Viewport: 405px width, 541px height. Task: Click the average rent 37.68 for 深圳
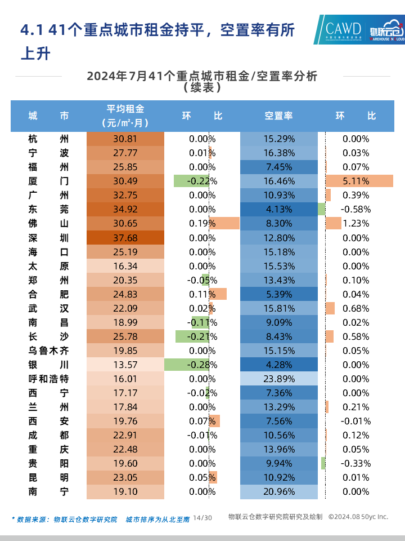point(125,237)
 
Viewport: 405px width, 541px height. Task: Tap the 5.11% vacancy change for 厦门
point(355,181)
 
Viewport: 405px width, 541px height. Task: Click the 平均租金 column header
point(125,116)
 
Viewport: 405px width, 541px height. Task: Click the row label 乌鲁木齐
point(49,351)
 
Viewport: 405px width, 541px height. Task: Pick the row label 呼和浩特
point(49,379)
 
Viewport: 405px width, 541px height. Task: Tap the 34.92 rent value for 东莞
point(125,209)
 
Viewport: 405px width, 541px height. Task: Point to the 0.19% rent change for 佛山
point(202,223)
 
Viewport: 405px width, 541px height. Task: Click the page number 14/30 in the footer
point(202,517)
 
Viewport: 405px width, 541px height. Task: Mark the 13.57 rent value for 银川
point(125,365)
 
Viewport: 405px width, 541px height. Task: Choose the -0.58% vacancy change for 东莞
point(355,209)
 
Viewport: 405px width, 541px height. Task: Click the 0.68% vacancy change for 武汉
point(355,308)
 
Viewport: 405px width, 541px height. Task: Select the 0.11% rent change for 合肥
point(202,294)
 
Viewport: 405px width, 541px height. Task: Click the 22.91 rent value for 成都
point(125,435)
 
